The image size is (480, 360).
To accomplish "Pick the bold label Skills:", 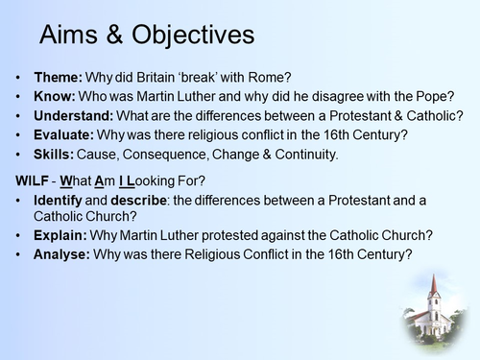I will point(56,155).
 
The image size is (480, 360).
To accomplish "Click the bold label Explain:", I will point(62,235).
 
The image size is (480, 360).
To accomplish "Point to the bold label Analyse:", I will point(63,254).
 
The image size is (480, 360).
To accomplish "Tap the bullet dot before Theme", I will point(21,79).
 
